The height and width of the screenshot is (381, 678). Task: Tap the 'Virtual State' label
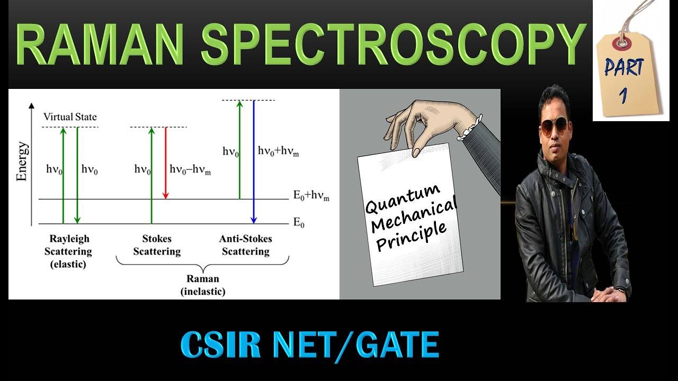(70, 117)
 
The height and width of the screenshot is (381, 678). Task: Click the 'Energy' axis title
(22, 161)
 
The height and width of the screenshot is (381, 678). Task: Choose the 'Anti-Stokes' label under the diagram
(245, 239)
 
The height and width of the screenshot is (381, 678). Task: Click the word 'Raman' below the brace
(202, 279)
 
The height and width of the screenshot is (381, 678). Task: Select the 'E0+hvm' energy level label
(311, 196)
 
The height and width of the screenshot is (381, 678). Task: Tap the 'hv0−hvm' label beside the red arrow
(190, 169)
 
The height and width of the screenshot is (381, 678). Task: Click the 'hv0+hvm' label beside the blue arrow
(279, 151)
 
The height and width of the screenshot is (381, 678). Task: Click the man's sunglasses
(554, 126)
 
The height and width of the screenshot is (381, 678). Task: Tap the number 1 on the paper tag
(623, 95)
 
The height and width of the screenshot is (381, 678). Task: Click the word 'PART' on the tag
(624, 68)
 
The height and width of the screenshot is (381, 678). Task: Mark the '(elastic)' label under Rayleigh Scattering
(68, 264)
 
